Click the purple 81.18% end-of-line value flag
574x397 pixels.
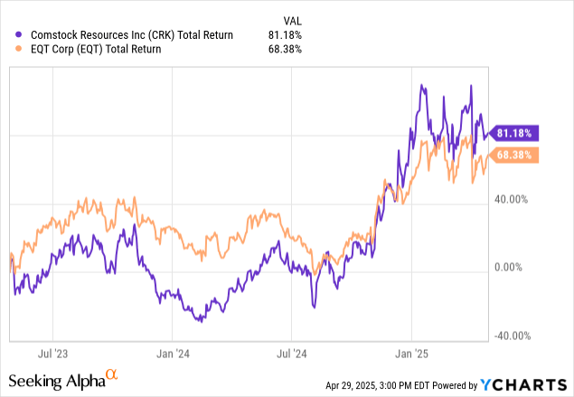pyautogui.click(x=514, y=133)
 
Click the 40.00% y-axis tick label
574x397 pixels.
pyautogui.click(x=516, y=200)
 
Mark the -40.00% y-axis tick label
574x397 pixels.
pyautogui.click(x=515, y=336)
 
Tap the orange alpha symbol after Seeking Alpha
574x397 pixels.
pyautogui.click(x=111, y=373)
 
